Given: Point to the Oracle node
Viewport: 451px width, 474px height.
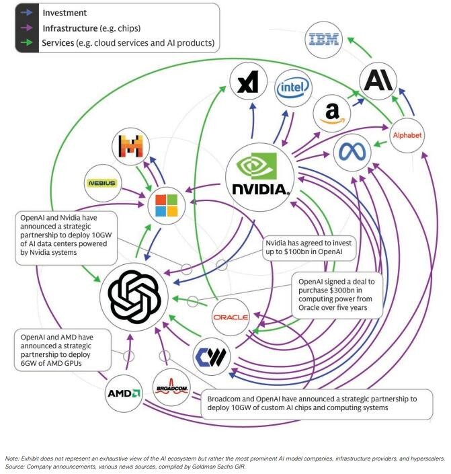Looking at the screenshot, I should (x=230, y=317).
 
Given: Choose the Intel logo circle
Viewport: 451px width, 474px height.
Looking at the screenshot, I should (x=294, y=88).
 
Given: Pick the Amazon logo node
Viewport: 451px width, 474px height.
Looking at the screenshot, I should (x=331, y=113).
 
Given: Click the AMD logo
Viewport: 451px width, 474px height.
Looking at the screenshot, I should (x=124, y=392).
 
